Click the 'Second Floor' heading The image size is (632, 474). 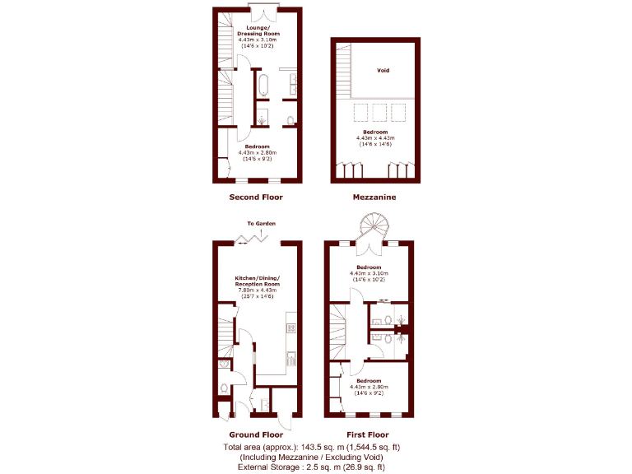(256, 197)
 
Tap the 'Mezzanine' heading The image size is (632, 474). (374, 197)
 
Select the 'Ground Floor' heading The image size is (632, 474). (256, 434)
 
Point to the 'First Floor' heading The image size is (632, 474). (367, 434)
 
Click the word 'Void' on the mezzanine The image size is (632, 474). (383, 71)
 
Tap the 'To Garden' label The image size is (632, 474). (261, 224)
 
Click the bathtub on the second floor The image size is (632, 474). (264, 85)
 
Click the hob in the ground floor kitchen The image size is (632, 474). (290, 328)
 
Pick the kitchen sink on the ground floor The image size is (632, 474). (290, 358)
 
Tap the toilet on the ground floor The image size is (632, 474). (223, 387)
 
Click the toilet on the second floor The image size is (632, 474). (290, 121)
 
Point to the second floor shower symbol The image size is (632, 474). (262, 121)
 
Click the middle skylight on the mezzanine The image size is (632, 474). (379, 112)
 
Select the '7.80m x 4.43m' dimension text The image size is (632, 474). (257, 290)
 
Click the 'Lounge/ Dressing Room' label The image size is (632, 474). (257, 31)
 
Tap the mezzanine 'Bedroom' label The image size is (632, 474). (375, 132)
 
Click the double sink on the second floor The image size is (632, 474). (293, 85)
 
